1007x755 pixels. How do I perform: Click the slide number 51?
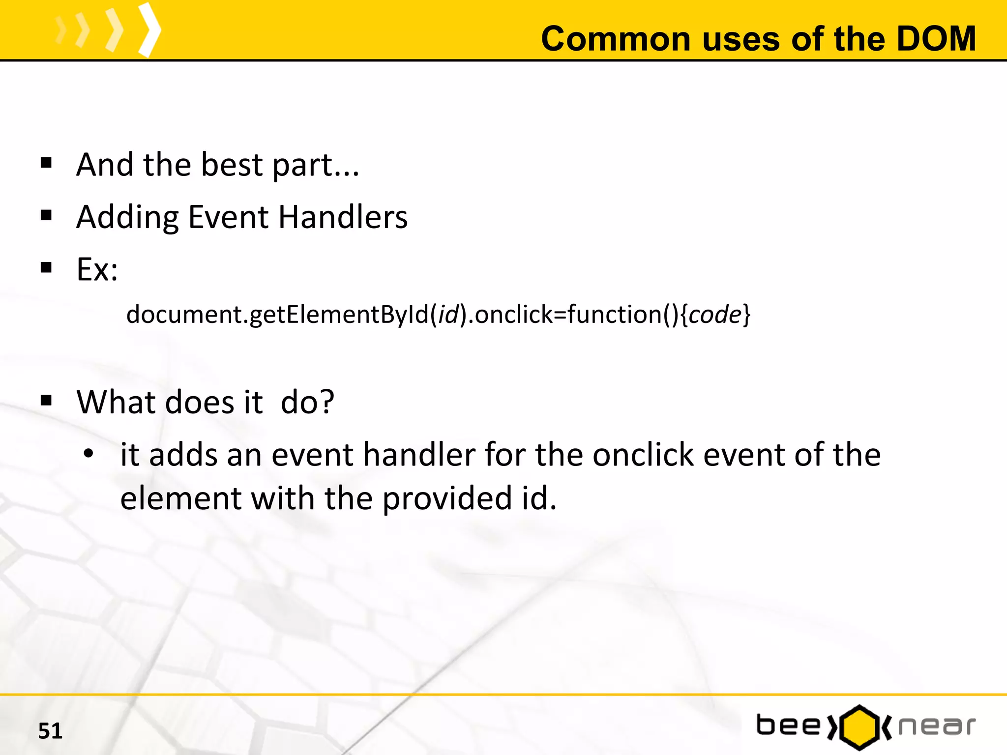click(50, 731)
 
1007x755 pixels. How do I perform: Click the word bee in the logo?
click(788, 726)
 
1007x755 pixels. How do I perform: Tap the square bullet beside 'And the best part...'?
click(46, 163)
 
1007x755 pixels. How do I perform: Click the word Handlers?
click(343, 217)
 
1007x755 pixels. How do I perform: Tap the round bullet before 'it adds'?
click(88, 454)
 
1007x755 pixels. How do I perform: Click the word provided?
click(447, 498)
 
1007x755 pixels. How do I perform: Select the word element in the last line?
click(180, 498)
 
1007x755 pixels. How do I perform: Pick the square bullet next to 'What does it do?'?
click(46, 401)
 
